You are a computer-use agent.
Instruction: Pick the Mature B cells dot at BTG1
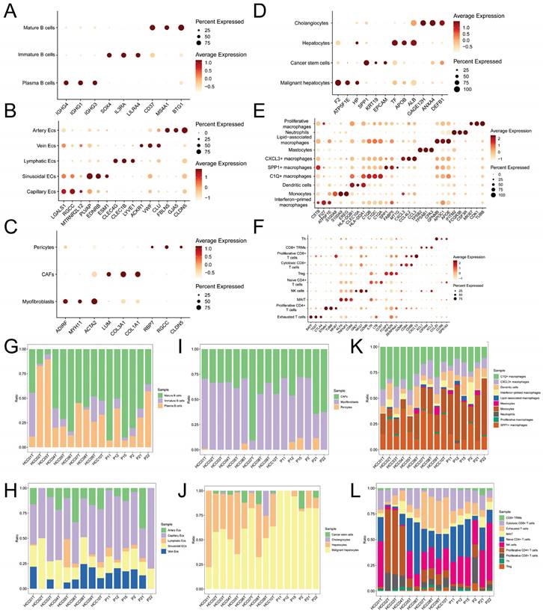180,28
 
